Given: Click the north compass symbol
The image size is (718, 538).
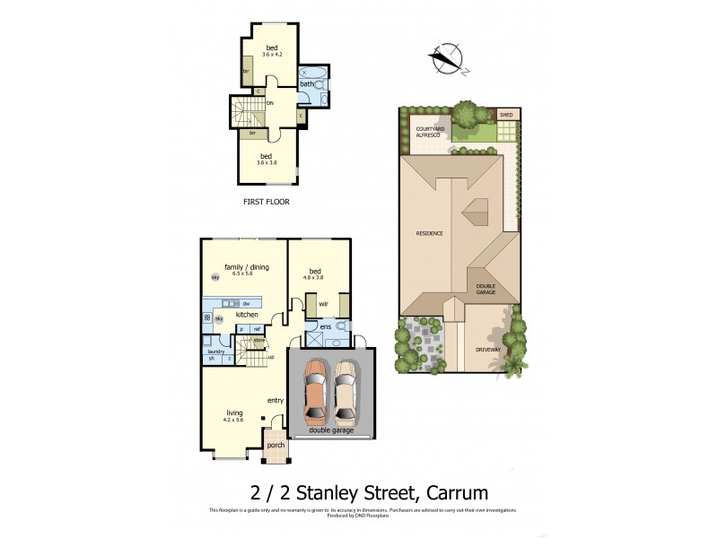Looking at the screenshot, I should point(447,58).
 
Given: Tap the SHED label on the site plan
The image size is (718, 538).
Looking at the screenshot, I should point(507,115).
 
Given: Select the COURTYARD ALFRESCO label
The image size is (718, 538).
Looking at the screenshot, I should point(430,132).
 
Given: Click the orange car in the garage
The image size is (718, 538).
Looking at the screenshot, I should point(316,392).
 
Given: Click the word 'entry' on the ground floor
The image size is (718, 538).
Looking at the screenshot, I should point(275,400).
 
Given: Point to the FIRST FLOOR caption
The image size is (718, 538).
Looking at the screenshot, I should point(266,202).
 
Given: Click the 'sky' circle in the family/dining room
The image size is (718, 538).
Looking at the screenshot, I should point(215,278).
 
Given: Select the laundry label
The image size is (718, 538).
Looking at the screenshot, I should point(215,351).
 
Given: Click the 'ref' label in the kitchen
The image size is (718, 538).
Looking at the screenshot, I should point(256,329).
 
